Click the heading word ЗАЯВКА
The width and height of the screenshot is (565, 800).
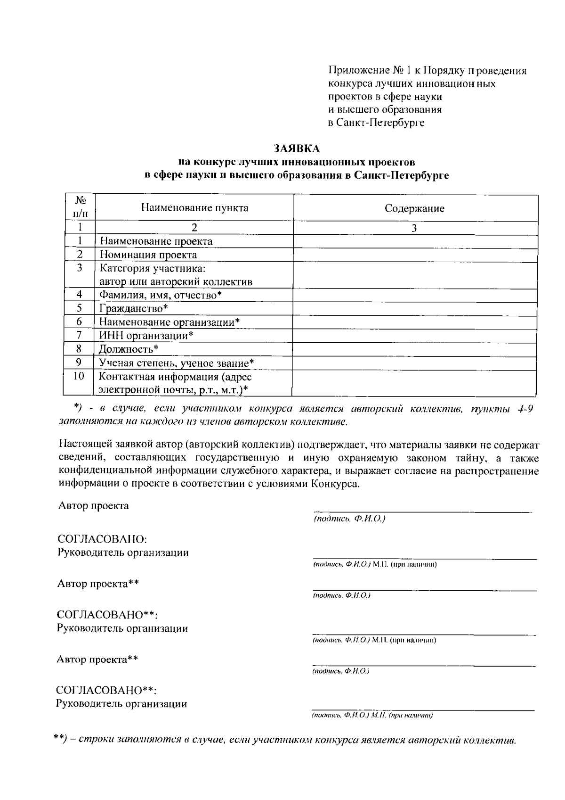[x=297, y=148]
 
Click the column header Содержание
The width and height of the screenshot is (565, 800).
[x=414, y=208]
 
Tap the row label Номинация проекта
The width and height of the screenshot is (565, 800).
[x=148, y=255]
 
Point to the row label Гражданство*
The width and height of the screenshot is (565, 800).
[x=134, y=308]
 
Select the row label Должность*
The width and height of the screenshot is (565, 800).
[x=129, y=349]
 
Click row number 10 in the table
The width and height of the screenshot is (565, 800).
[x=79, y=376]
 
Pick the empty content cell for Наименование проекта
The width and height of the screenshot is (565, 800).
[x=414, y=241]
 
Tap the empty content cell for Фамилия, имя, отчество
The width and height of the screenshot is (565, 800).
[x=414, y=295]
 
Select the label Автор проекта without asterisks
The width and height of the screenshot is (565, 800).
[x=93, y=506]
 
